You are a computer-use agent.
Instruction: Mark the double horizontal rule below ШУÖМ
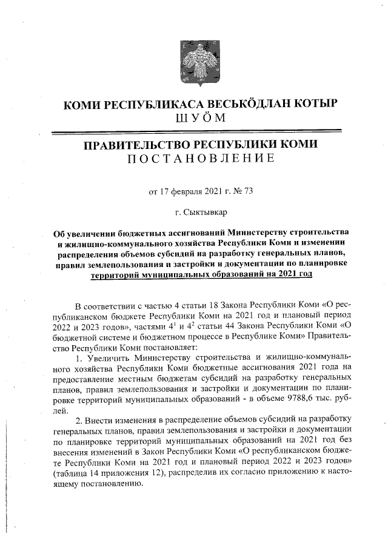coord(199,131)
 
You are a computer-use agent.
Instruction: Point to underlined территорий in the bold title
coord(115,274)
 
